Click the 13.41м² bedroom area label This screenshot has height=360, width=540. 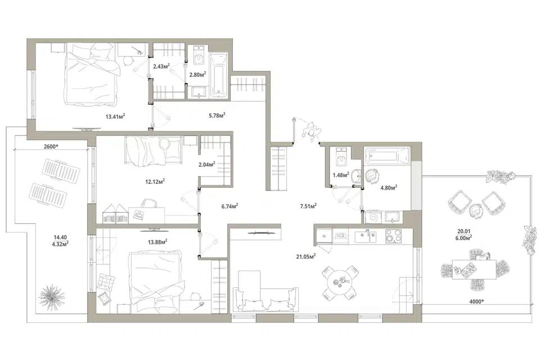click(x=115, y=116)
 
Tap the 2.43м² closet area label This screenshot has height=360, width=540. click(x=161, y=66)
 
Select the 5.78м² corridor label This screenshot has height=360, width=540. click(x=217, y=115)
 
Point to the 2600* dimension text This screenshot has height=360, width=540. click(x=51, y=146)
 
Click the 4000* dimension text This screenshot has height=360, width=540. click(x=476, y=301)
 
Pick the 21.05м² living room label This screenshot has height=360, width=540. click(x=306, y=256)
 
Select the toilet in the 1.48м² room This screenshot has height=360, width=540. click(x=341, y=157)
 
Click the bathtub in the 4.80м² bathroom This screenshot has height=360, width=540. click(x=387, y=156)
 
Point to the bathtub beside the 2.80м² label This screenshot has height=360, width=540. click(x=219, y=75)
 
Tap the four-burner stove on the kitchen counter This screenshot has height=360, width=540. click(x=393, y=236)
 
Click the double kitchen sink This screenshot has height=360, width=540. click(x=366, y=237)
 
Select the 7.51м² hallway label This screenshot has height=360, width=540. click(x=308, y=206)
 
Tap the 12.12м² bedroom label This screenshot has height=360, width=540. click(x=155, y=182)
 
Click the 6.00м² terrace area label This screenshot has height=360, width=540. click(x=463, y=238)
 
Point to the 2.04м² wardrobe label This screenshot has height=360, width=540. click(x=207, y=164)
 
